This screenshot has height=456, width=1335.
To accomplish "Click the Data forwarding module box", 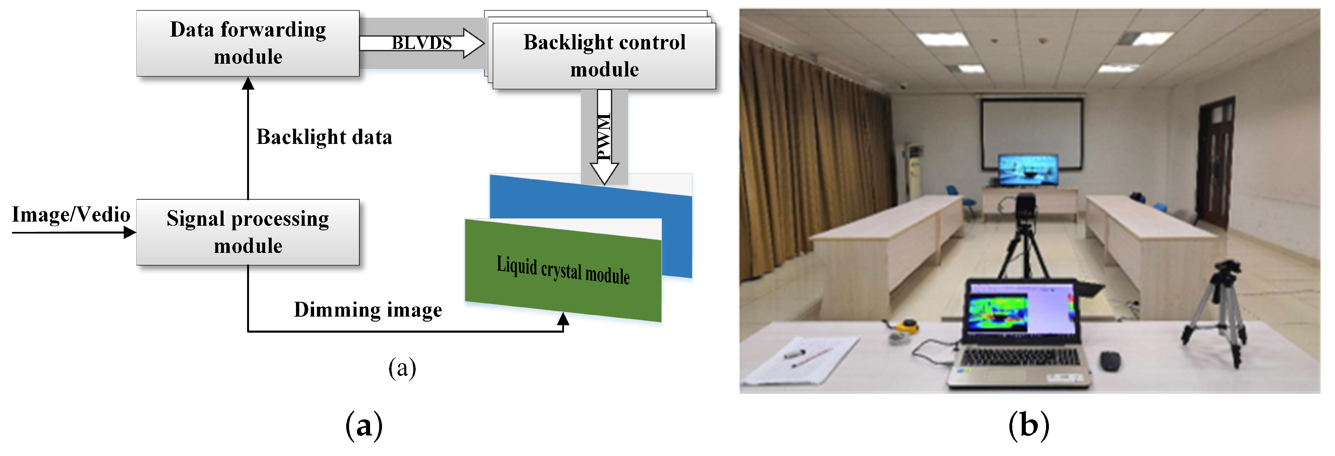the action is tap(248, 44).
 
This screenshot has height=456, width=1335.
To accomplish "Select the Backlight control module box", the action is tap(604, 56).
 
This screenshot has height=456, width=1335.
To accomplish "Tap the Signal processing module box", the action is tap(248, 232).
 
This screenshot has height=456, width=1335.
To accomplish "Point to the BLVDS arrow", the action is tap(422, 43).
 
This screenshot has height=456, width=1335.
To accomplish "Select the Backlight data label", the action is tap(324, 137).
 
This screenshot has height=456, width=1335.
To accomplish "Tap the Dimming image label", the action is tap(368, 310).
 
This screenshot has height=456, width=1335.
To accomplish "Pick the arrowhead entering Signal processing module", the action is tap(130, 233).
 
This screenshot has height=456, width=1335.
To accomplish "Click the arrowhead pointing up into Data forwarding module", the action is tap(248, 83).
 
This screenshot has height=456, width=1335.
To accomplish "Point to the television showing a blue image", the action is tap(1027, 170).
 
